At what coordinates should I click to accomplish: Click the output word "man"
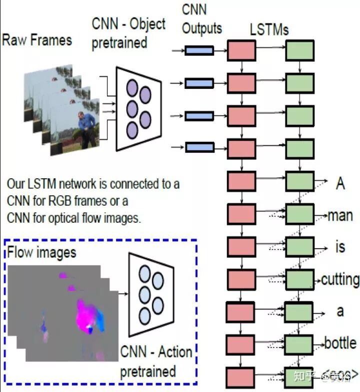(340, 216)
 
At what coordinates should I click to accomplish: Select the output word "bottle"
(340, 343)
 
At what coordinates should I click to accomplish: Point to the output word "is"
(340, 247)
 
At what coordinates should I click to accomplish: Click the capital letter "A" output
(340, 183)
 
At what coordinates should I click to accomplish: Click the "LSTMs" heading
(269, 29)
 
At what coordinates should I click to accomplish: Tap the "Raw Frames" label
(37, 40)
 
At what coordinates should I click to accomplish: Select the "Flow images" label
(42, 252)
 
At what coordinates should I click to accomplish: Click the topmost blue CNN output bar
(199, 50)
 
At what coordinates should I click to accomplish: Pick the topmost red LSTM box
(241, 50)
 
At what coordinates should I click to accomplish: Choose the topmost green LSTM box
(299, 50)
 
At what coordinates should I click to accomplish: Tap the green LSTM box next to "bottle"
(299, 344)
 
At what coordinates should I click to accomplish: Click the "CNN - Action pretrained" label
(155, 362)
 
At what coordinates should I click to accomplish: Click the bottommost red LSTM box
(241, 376)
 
